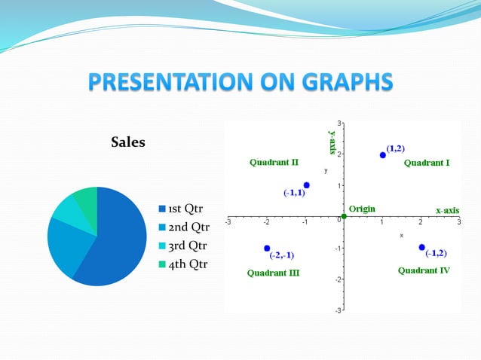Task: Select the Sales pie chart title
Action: (x=128, y=142)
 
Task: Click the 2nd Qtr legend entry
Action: (x=182, y=227)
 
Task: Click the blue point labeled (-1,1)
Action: (x=306, y=185)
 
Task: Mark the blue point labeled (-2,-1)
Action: (x=267, y=248)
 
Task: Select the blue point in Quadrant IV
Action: (x=422, y=247)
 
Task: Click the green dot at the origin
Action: (x=344, y=217)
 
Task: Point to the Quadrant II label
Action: (x=274, y=162)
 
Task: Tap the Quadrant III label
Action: (x=273, y=273)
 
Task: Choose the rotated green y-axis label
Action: (x=332, y=141)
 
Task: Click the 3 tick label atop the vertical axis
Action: (x=339, y=123)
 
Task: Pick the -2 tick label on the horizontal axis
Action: (x=266, y=223)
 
